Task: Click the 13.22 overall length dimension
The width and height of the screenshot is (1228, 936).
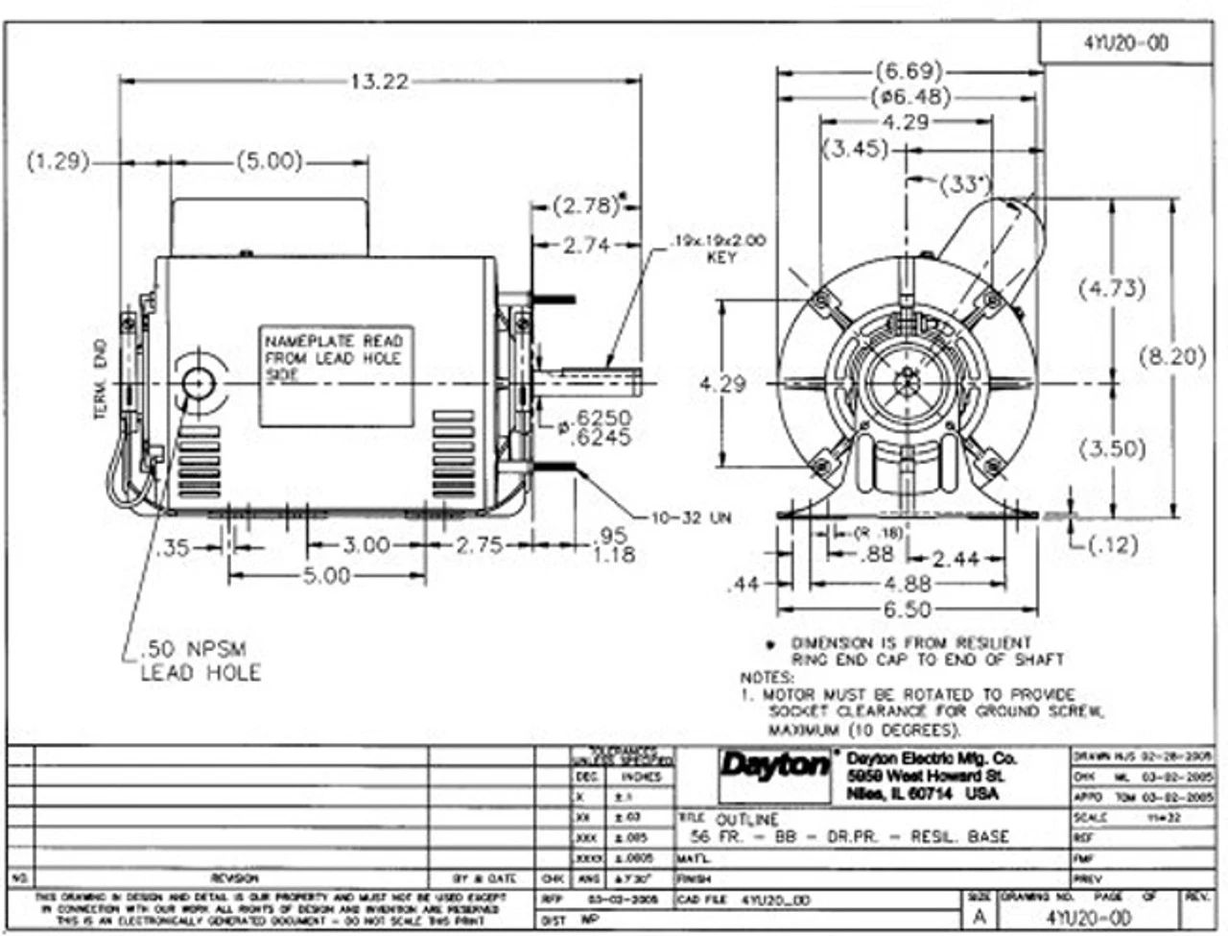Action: (x=379, y=82)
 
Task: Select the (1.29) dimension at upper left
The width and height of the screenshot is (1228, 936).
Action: (x=57, y=161)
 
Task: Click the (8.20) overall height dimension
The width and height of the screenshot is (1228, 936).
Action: (x=1171, y=356)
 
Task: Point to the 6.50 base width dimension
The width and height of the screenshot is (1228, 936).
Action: (x=907, y=610)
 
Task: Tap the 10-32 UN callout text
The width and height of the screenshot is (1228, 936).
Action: (x=692, y=518)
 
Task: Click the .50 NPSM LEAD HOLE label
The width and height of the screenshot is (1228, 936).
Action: (x=200, y=660)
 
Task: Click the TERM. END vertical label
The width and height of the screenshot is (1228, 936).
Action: (x=101, y=384)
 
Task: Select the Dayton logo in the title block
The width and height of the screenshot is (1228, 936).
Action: (x=775, y=766)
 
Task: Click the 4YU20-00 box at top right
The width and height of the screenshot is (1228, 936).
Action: (x=1126, y=43)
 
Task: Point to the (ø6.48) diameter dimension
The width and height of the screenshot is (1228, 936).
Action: (x=910, y=97)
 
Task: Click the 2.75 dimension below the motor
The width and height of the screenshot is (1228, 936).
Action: (x=478, y=545)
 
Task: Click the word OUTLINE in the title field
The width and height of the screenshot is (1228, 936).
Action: (x=747, y=819)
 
